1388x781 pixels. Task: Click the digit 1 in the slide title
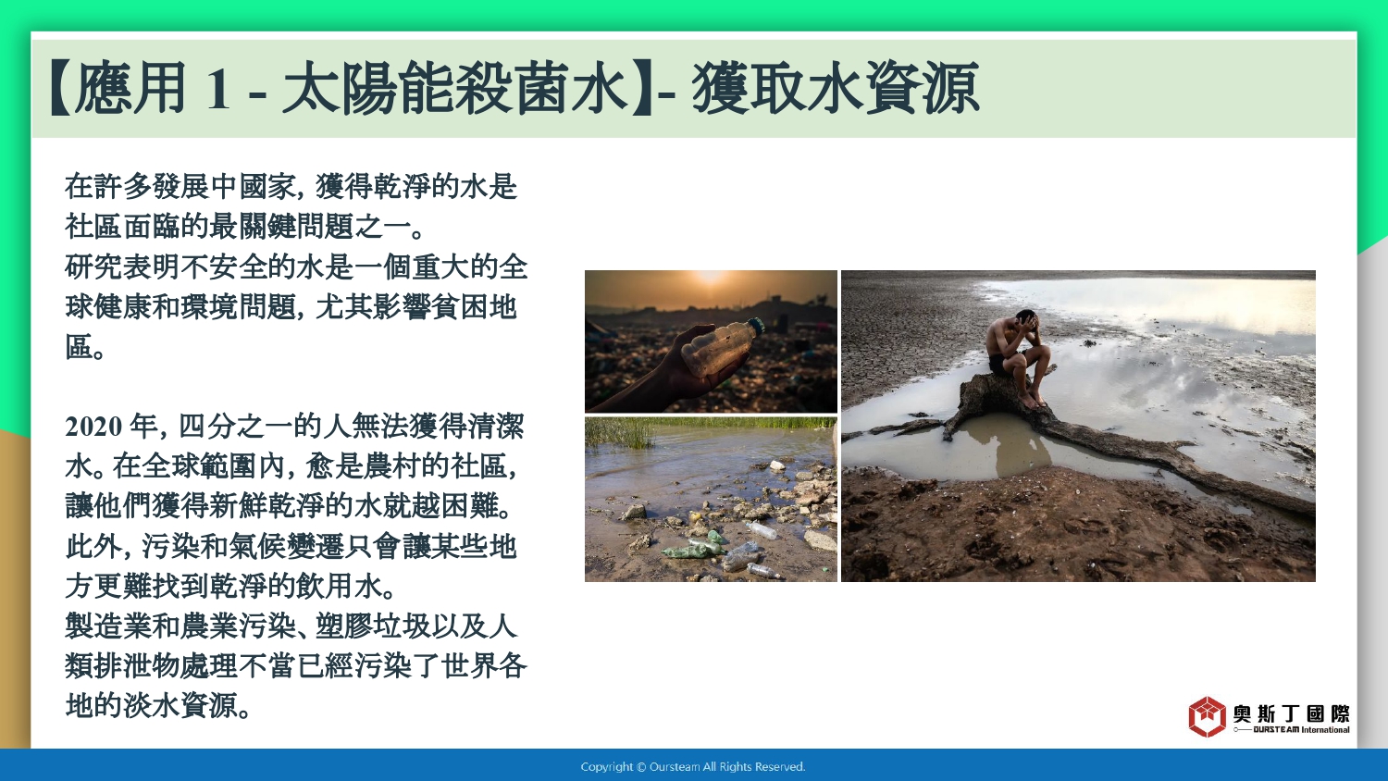coord(217,89)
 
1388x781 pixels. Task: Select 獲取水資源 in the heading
coord(836,89)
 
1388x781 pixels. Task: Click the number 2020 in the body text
coord(93,428)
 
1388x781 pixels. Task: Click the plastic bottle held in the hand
coord(721,348)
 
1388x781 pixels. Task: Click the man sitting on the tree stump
coord(1018,357)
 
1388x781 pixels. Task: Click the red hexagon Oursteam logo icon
coord(1207,716)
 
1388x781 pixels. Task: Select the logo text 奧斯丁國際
coord(1291,713)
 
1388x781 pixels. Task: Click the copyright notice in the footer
coord(693,767)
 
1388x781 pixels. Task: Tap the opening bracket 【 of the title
coord(61,89)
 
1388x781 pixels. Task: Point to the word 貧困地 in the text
coord(474,307)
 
